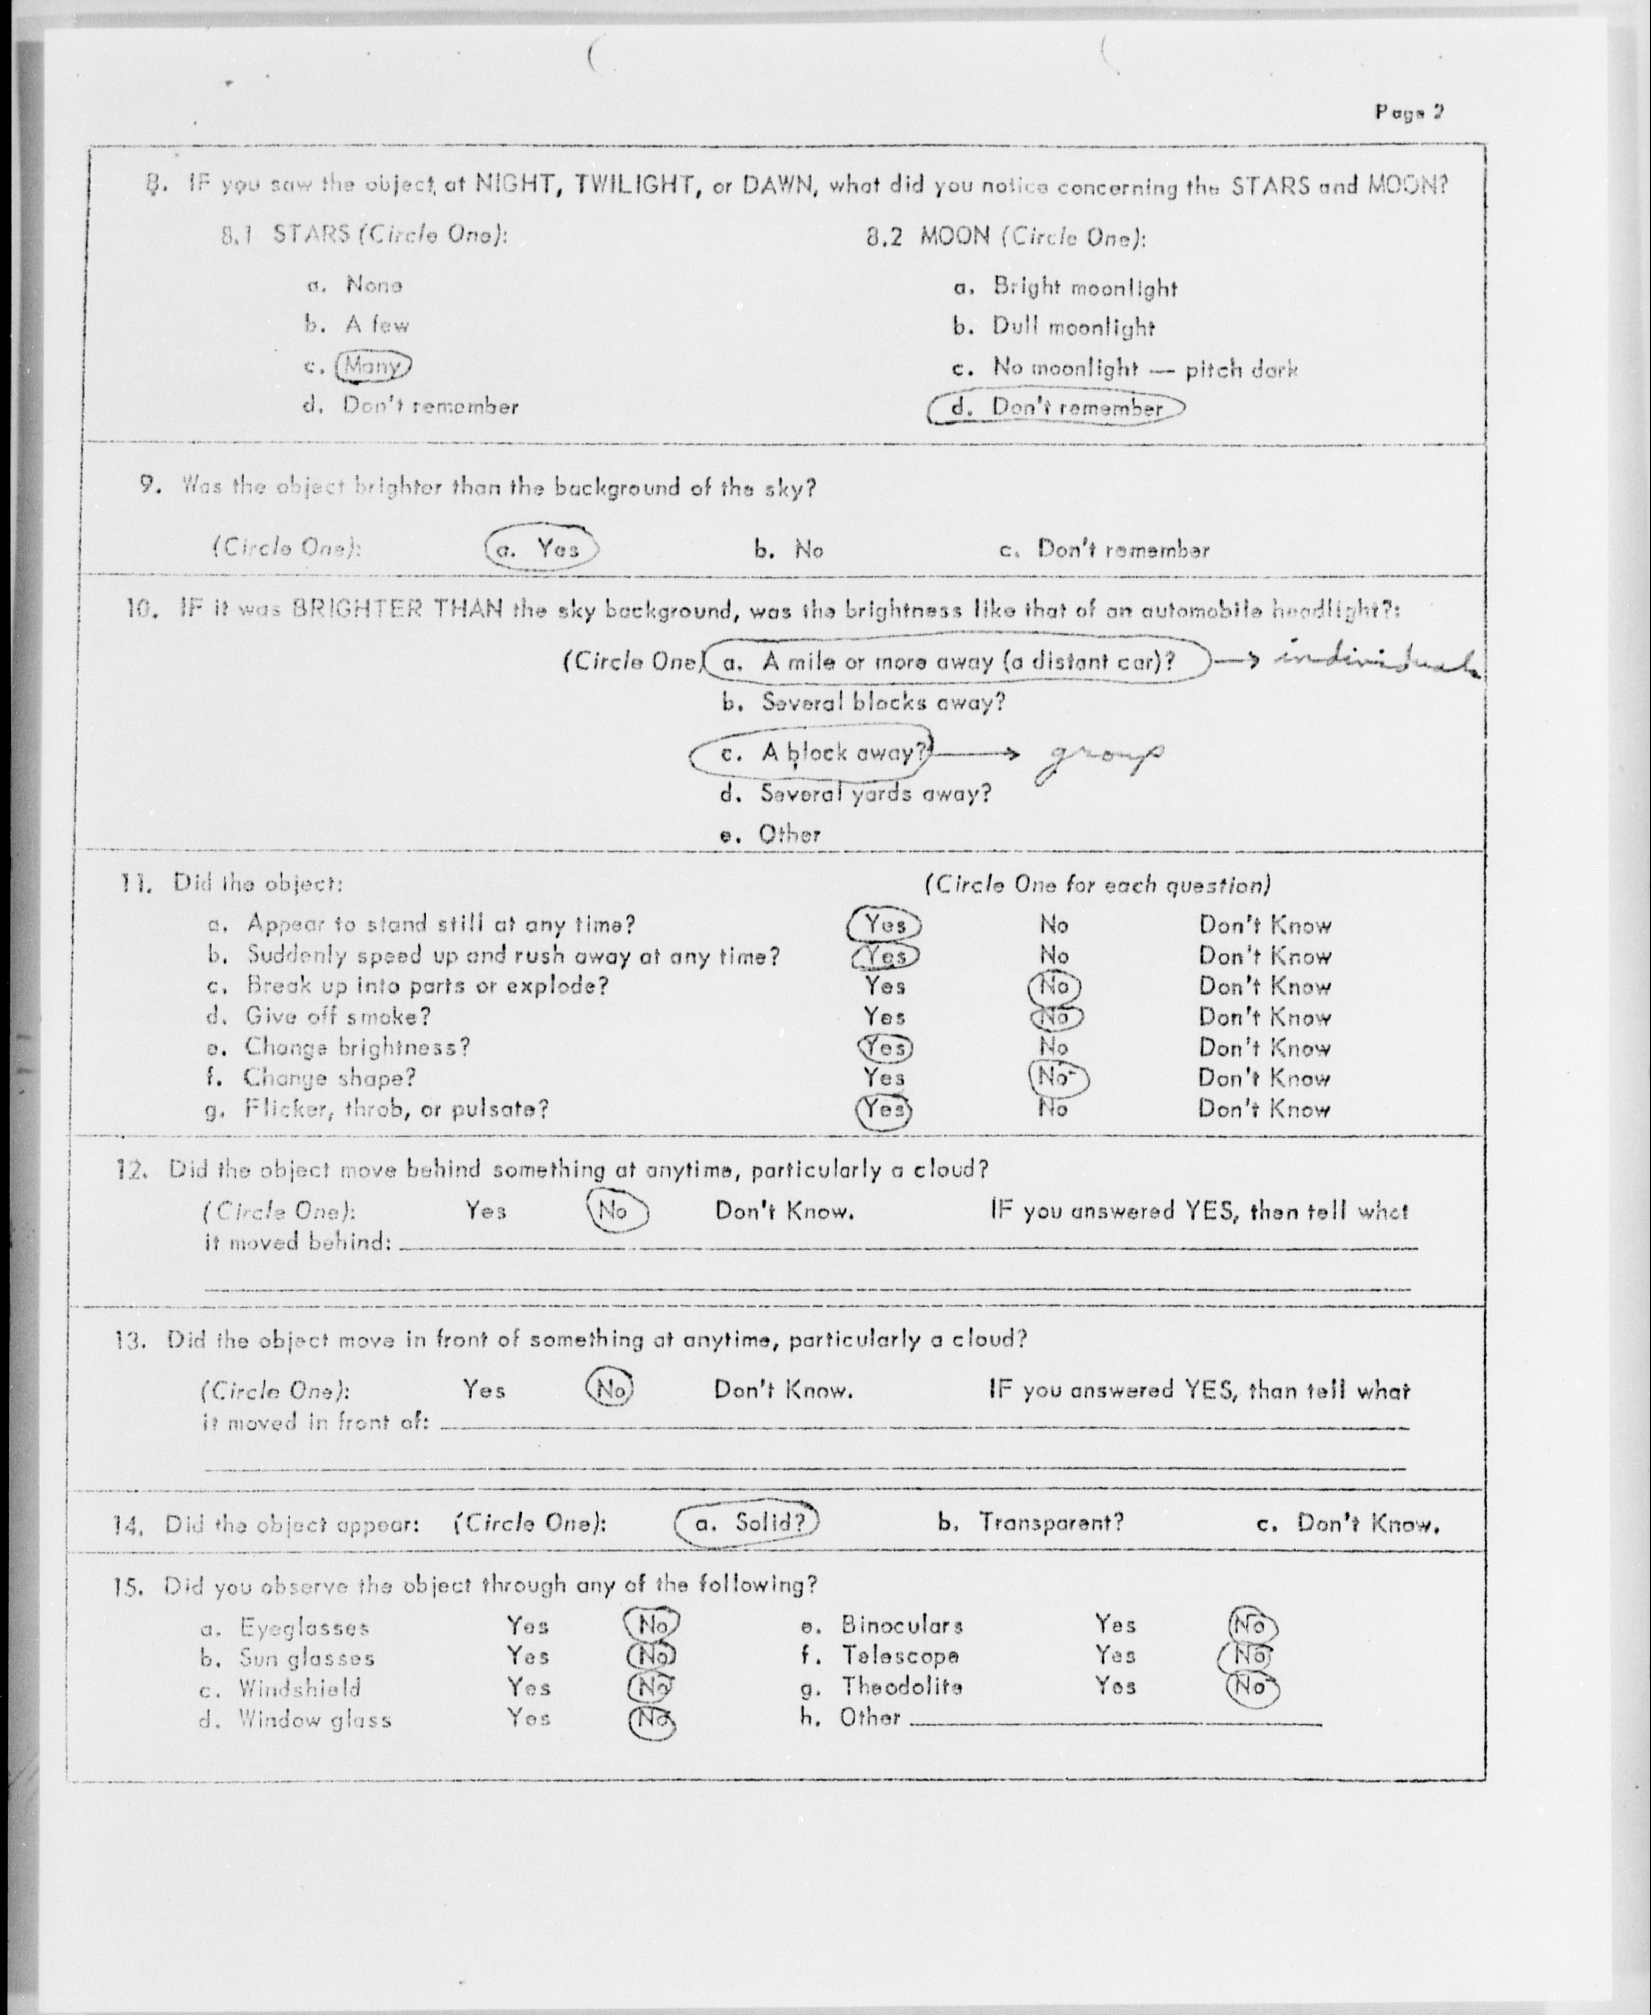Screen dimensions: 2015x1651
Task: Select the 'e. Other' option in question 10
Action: (x=770, y=834)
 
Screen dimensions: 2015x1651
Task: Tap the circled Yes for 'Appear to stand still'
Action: (x=884, y=924)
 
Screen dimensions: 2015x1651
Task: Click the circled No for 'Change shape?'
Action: (x=1058, y=1078)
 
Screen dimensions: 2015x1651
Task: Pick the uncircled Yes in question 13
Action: (x=484, y=1390)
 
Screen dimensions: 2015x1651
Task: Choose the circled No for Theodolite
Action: (x=1251, y=1687)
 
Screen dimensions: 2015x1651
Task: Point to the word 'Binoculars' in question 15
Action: (x=902, y=1625)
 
